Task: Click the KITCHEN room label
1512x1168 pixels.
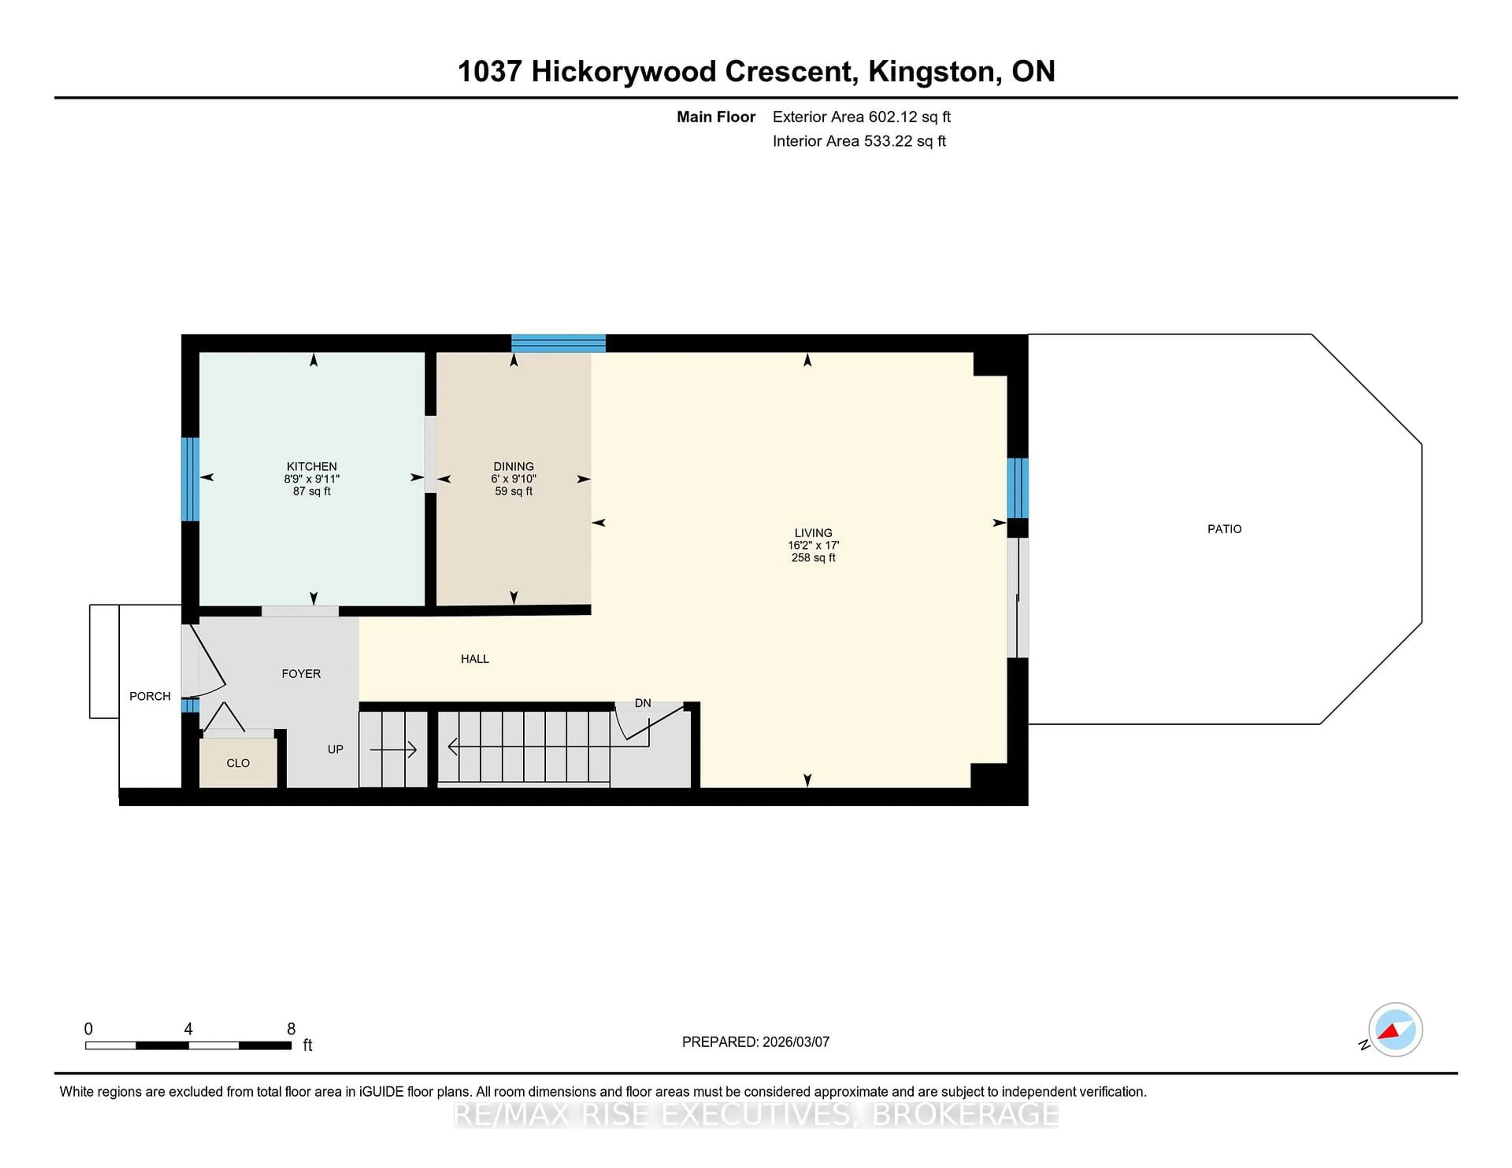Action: tap(311, 466)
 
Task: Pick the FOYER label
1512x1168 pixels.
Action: tap(301, 673)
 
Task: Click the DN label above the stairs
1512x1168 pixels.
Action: tap(643, 703)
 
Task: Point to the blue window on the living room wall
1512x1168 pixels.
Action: tap(1017, 488)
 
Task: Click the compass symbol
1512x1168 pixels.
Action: tap(1395, 1029)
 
